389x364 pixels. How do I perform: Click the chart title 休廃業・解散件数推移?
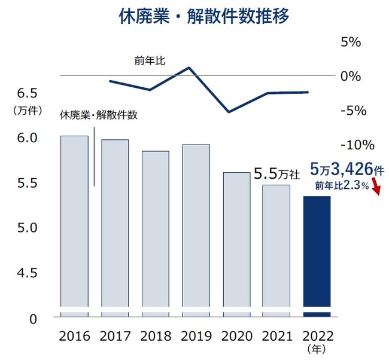[x=194, y=16]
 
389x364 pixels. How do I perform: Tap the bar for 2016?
[x=75, y=221]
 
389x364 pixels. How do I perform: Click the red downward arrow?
[x=376, y=189]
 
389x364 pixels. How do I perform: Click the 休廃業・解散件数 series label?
[x=98, y=115]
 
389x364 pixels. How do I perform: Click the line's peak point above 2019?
[x=189, y=68]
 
